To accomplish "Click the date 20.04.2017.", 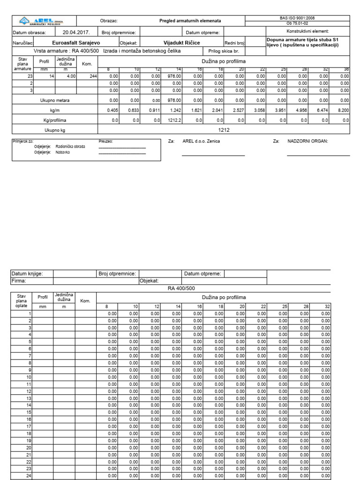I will coord(76,32).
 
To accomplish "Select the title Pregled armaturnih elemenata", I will coord(190,21).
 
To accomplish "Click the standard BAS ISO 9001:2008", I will coord(297,18).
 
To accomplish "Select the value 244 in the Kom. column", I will coord(92,75).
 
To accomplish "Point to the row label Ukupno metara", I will coord(54,100).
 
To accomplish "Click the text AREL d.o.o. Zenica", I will coord(201,141).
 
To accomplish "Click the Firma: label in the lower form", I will coord(19,281).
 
